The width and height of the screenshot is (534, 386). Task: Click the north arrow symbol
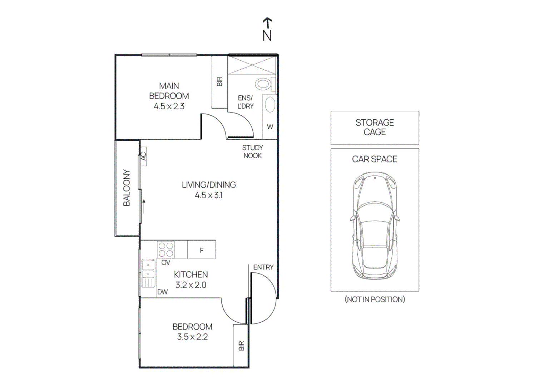click(x=267, y=29)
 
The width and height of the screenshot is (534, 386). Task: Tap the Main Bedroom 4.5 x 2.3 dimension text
click(x=169, y=107)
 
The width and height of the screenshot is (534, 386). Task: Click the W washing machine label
click(x=270, y=127)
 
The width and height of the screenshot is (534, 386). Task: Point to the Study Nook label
click(x=252, y=152)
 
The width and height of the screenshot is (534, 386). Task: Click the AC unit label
click(x=143, y=157)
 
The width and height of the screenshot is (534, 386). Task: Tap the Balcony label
click(x=127, y=188)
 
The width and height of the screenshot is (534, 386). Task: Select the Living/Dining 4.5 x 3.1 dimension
click(x=209, y=195)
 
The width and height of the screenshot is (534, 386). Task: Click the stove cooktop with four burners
click(x=166, y=249)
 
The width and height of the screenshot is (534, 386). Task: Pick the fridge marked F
click(x=202, y=249)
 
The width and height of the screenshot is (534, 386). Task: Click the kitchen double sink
click(x=148, y=274)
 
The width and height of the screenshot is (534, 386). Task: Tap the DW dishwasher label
click(x=163, y=292)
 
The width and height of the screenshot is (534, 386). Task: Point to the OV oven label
click(x=166, y=262)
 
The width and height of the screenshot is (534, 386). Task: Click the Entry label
click(x=263, y=267)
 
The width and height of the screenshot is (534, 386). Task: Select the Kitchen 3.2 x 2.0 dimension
click(x=191, y=285)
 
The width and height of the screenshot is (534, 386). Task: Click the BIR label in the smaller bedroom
click(x=241, y=346)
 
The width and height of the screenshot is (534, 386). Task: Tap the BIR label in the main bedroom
click(x=219, y=81)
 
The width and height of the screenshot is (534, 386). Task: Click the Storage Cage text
click(x=375, y=127)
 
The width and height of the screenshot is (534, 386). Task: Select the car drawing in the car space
click(x=375, y=226)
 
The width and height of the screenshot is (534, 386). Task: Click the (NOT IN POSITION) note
click(x=375, y=299)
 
